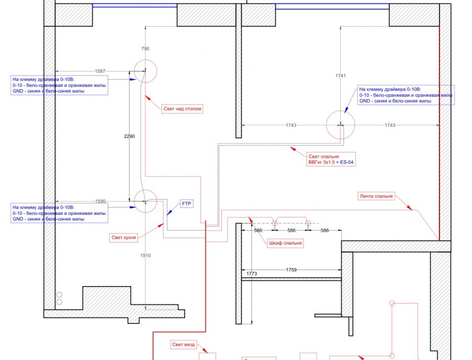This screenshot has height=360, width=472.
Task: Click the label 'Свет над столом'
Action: point(182,108)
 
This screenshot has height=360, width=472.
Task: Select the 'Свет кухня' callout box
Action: point(124,237)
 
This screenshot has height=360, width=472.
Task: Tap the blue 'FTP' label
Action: point(187,204)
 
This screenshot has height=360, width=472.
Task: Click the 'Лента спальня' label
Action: point(376,196)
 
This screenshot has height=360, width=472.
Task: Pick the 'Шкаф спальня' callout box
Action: point(285,243)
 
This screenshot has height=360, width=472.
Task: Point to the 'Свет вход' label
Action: point(184,345)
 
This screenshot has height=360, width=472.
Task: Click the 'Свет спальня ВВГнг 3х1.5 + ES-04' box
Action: point(331,159)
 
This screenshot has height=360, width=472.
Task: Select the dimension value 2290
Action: point(130,136)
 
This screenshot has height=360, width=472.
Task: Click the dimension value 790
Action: point(145,49)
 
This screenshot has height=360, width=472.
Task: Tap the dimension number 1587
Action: point(100,71)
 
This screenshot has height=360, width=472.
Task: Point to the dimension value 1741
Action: point(341,76)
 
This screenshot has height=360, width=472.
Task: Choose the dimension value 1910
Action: point(145,256)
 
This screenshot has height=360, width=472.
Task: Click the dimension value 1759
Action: point(292,270)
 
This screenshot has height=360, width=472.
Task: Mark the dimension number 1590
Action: point(100,202)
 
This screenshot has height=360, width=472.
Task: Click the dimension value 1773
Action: point(252,274)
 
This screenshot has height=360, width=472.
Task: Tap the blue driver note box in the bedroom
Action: point(406,95)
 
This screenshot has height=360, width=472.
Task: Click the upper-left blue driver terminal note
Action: point(59,85)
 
